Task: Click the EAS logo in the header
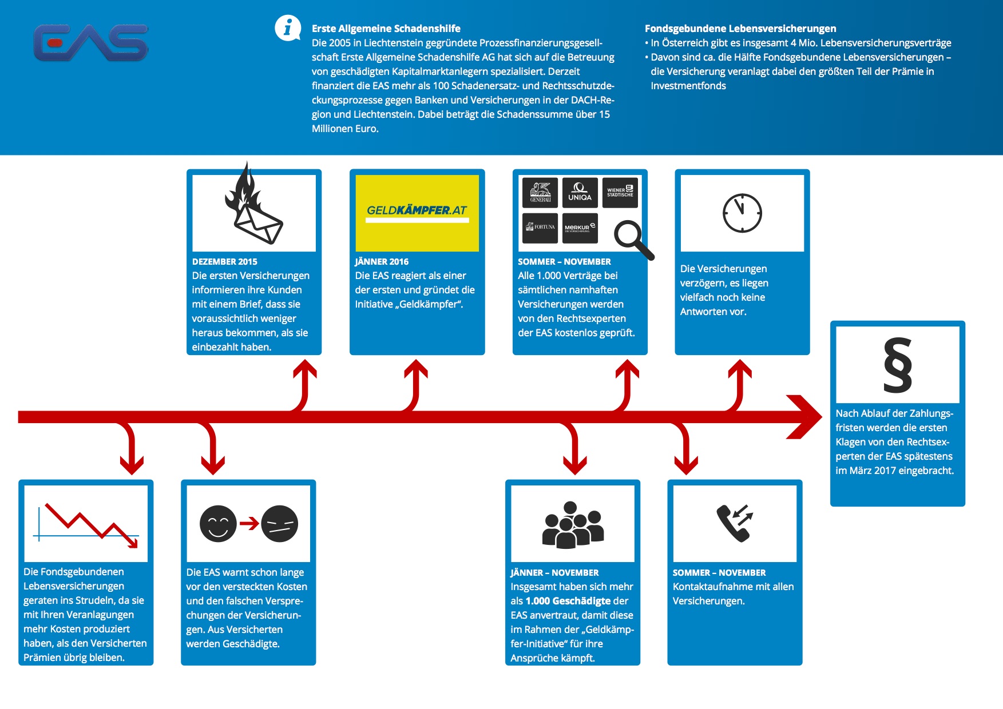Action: click(91, 42)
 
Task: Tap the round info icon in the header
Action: click(287, 27)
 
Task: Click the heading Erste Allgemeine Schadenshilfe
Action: click(386, 29)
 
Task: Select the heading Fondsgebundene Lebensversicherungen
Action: click(740, 29)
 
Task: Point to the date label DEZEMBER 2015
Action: click(224, 262)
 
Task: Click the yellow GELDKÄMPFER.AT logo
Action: click(417, 212)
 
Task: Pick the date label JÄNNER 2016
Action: click(382, 262)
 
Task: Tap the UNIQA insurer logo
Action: click(580, 192)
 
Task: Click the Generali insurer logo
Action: click(540, 192)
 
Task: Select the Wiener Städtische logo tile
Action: click(620, 192)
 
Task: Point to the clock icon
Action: click(742, 213)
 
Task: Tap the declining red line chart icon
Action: click(86, 523)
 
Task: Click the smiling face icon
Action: click(218, 524)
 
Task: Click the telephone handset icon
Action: click(735, 523)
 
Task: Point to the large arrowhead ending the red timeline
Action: click(805, 417)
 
